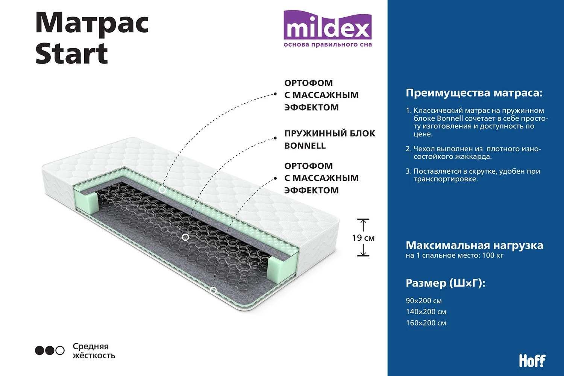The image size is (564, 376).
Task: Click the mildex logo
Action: pyautogui.click(x=327, y=29)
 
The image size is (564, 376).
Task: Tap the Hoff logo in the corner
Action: pyautogui.click(x=532, y=361)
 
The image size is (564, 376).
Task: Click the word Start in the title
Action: pyautogui.click(x=72, y=54)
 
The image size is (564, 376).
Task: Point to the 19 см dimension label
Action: pyautogui.click(x=363, y=238)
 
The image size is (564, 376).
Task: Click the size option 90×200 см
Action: pyautogui.click(x=424, y=300)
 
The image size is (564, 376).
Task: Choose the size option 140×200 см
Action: pyautogui.click(x=426, y=312)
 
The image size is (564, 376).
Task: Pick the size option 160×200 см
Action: pyautogui.click(x=426, y=323)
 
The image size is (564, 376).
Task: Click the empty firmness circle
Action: pyautogui.click(x=60, y=350)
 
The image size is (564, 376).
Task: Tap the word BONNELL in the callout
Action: pyautogui.click(x=305, y=146)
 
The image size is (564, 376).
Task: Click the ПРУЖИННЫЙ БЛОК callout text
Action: pyautogui.click(x=330, y=133)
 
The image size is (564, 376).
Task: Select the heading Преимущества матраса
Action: pyautogui.click(x=474, y=93)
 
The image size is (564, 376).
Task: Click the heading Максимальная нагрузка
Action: pyautogui.click(x=475, y=245)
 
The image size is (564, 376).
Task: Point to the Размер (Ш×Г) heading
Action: pyautogui.click(x=446, y=283)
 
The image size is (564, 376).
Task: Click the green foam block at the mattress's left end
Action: pyautogui.click(x=86, y=202)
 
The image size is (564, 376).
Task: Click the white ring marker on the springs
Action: pyautogui.click(x=186, y=237)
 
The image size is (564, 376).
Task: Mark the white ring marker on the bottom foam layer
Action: pyautogui.click(x=213, y=290)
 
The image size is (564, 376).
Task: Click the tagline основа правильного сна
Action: pyautogui.click(x=327, y=45)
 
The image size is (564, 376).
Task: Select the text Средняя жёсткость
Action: pyautogui.click(x=94, y=350)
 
